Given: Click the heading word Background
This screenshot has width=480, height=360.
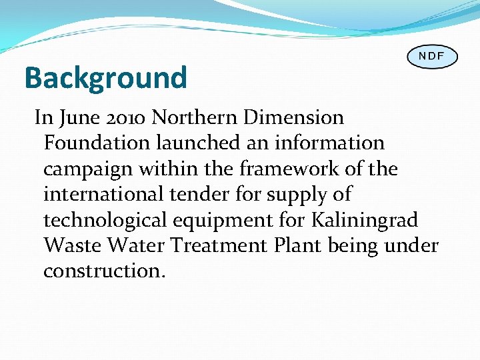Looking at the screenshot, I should (x=105, y=78).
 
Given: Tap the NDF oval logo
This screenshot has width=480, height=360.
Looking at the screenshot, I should (x=432, y=56).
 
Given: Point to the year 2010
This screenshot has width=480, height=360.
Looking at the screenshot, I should (x=125, y=118).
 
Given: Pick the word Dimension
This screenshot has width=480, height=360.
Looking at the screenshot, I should (x=293, y=118).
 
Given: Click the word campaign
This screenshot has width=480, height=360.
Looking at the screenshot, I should (x=88, y=169).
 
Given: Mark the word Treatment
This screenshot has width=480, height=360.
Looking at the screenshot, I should (x=219, y=246).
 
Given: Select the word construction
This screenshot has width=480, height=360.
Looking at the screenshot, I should (x=103, y=271).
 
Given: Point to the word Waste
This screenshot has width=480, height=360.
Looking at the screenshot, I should (x=72, y=246).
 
